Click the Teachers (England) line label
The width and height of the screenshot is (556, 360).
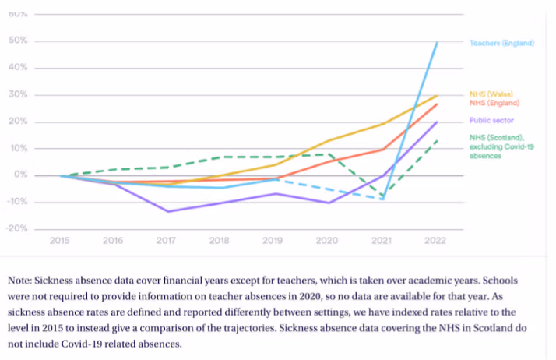(x=501, y=43)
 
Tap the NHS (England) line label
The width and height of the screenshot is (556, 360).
(x=494, y=103)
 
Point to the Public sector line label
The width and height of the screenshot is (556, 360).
(x=491, y=120)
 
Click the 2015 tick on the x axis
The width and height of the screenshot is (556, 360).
(x=60, y=241)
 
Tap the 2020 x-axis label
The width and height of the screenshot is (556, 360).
(x=328, y=241)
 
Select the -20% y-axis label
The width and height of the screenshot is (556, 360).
(x=16, y=229)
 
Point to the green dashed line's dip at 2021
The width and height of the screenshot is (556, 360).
(x=382, y=198)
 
